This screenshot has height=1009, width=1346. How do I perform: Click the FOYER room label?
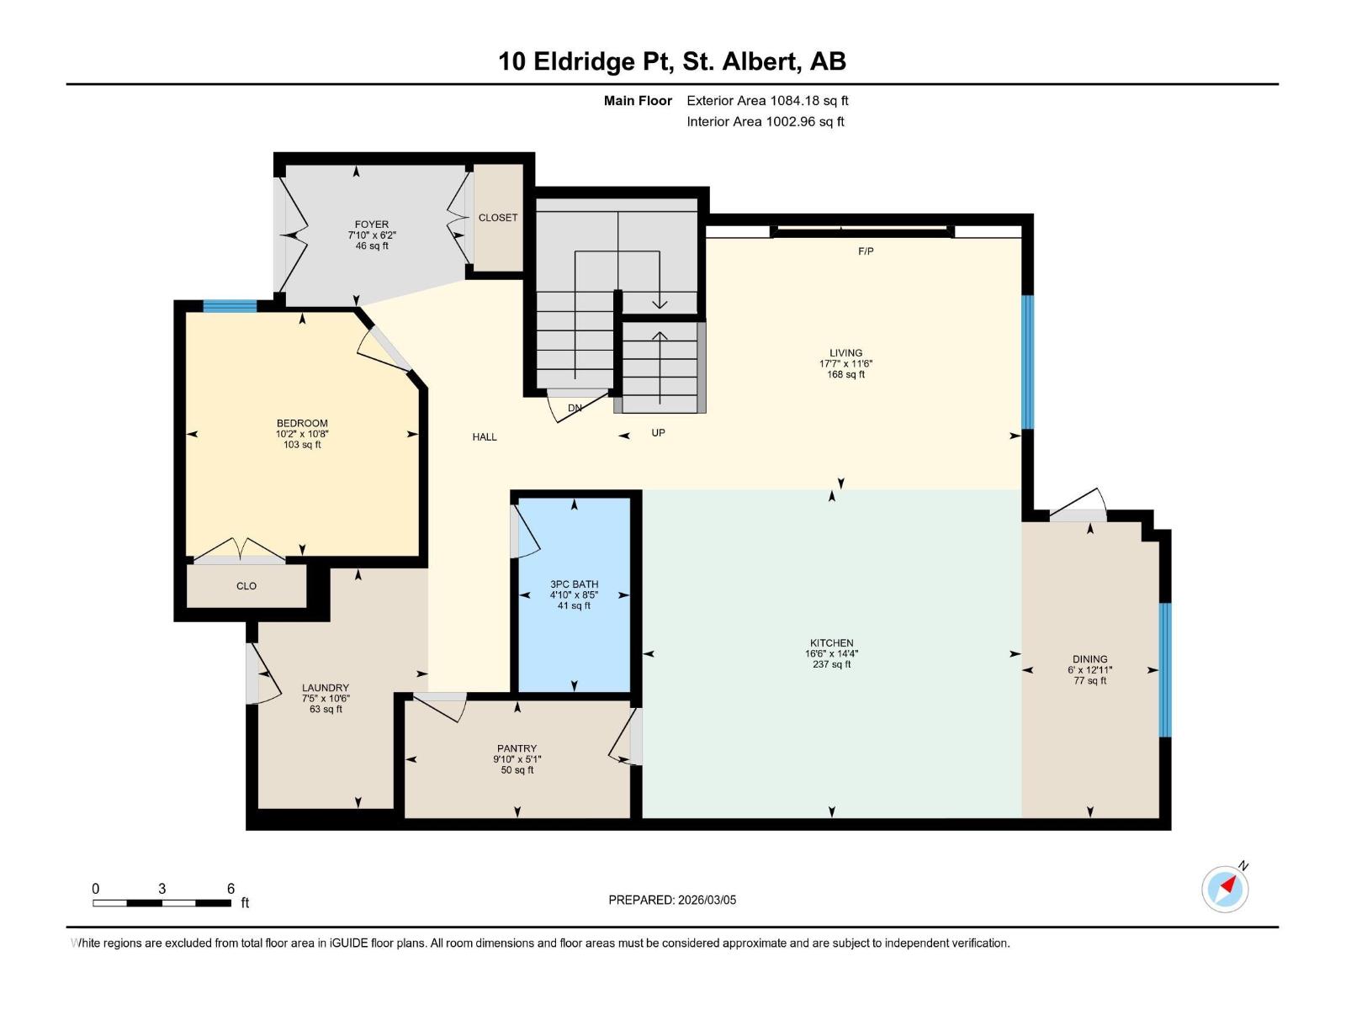(x=371, y=225)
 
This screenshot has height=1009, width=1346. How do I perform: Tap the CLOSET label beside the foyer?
(x=498, y=218)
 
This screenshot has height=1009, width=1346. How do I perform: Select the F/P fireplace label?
(x=866, y=251)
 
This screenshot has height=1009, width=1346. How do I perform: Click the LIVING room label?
(x=845, y=353)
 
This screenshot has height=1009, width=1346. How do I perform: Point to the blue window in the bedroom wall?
(x=230, y=306)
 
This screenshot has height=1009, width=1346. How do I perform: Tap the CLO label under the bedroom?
(x=246, y=586)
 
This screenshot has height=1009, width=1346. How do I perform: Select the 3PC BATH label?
(x=574, y=584)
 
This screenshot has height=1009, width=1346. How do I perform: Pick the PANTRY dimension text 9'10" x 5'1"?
(x=517, y=759)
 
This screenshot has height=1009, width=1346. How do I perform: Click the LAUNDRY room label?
(x=325, y=688)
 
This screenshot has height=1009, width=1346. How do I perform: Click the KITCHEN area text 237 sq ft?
(x=831, y=664)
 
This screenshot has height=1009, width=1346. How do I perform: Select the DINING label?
(x=1089, y=659)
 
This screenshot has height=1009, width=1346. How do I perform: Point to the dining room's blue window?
(x=1165, y=669)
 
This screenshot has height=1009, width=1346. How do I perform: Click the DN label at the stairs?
(x=575, y=409)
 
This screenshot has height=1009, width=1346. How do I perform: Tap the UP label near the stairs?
(x=658, y=433)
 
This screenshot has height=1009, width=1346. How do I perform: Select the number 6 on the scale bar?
(x=231, y=889)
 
